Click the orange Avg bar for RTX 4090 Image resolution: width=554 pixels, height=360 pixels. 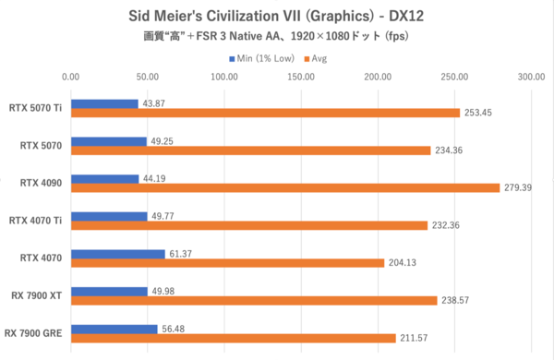click(284, 187)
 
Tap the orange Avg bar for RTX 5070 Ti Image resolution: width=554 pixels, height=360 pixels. click(265, 113)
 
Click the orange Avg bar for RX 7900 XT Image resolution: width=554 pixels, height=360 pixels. click(253, 300)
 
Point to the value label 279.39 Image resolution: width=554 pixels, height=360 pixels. click(520, 187)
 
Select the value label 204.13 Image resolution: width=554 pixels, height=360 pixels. click(404, 263)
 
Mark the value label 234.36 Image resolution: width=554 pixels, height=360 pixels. click(452, 150)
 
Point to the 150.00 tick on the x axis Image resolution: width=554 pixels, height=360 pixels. click(301, 78)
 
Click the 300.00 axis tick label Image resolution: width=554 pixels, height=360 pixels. click(531, 78)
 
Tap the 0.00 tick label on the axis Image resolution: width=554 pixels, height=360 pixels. click(71, 78)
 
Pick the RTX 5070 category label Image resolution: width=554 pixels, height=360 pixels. click(41, 145)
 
